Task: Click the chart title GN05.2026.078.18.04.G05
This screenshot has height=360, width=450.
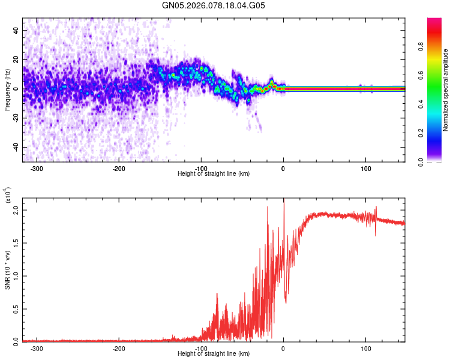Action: click(214, 6)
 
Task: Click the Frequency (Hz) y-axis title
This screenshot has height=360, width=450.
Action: click(7, 89)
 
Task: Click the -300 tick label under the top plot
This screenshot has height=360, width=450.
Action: click(36, 169)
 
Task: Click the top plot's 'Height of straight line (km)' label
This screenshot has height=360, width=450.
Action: click(214, 174)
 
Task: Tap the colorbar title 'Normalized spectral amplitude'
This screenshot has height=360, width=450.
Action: click(446, 90)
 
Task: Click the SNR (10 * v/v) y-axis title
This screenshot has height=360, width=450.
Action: click(7, 270)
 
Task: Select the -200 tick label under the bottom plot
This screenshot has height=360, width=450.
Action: click(119, 348)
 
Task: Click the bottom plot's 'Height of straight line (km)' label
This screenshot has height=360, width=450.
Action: click(214, 353)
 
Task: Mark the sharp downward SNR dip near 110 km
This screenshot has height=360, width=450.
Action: click(376, 235)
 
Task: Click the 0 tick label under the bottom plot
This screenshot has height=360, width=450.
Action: click(284, 348)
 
